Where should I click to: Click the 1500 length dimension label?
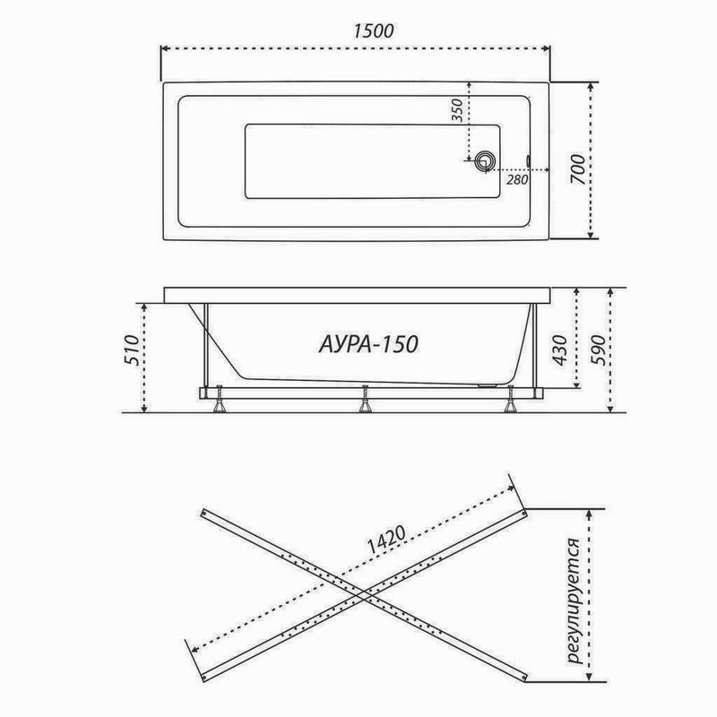[373, 31]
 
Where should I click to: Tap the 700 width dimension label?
[577, 169]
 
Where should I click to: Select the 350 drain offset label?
[457, 110]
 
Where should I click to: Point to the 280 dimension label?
[517, 180]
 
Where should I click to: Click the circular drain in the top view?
[485, 161]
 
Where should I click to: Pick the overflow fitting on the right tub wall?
[529, 161]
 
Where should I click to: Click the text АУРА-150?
[368, 344]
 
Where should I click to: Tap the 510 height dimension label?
[132, 350]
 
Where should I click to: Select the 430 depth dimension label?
[560, 350]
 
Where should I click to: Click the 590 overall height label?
[598, 350]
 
